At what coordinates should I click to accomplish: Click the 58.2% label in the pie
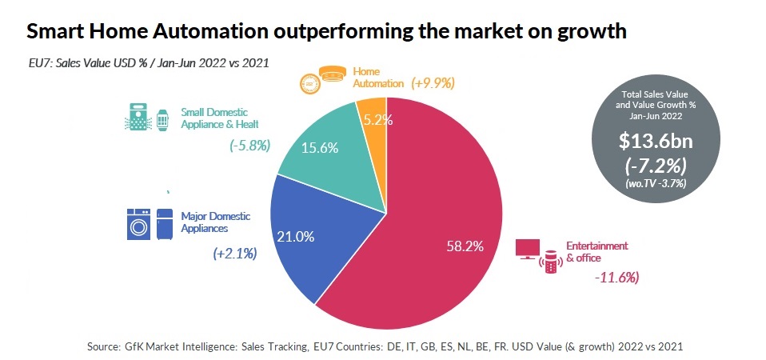[x=465, y=246]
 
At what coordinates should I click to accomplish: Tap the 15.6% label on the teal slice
[x=319, y=148]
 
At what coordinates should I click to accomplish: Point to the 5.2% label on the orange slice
[x=372, y=121]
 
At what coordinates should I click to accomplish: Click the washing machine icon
[x=139, y=224]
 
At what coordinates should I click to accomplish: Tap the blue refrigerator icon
[x=165, y=224]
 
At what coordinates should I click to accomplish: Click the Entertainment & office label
[x=596, y=251]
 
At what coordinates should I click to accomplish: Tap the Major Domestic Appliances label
[x=215, y=222]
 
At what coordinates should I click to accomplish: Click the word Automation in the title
[x=206, y=32]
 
